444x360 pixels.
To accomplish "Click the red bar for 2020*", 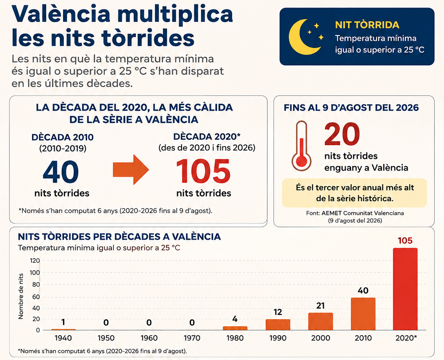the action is (x=405, y=289).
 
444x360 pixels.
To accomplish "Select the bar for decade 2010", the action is (x=363, y=314).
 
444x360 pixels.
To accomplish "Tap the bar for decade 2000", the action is (x=321, y=321).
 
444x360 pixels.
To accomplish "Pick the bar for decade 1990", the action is (x=278, y=324).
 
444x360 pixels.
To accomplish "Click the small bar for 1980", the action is (x=235, y=328).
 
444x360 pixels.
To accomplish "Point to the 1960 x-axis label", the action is (x=149, y=338).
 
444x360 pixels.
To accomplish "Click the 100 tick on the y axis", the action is (x=35, y=273).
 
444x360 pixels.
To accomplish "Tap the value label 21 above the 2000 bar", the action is (x=320, y=306).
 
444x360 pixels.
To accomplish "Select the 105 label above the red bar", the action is (x=405, y=241).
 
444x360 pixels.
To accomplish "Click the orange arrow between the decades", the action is (x=131, y=170).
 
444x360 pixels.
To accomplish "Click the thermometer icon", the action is (x=301, y=146).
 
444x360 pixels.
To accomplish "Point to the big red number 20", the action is (x=342, y=134).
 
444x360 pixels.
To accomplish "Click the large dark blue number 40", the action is (x=61, y=172).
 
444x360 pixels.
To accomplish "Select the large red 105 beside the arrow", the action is (x=203, y=171).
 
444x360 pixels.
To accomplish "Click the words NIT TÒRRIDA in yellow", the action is (x=367, y=25).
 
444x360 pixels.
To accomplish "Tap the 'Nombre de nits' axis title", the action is (x=21, y=296).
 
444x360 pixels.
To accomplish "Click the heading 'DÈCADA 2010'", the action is (x=63, y=137).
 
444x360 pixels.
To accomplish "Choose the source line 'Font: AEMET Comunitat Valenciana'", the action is (x=355, y=213).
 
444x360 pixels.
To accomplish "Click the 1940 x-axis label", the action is (x=63, y=338).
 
